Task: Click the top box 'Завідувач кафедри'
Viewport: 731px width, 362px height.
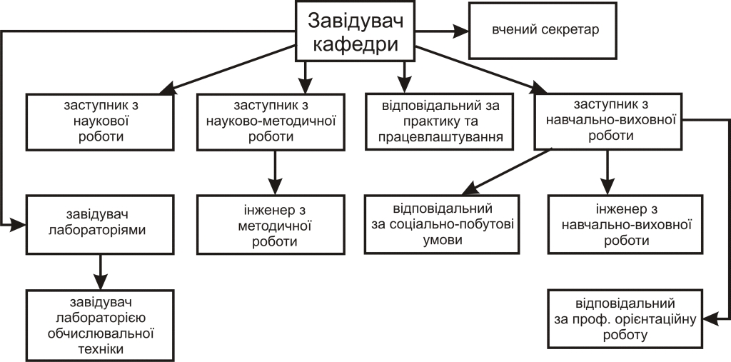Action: coord(356,31)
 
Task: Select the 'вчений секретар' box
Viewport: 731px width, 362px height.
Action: coord(543,31)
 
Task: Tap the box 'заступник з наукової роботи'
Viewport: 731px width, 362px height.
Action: coord(100,122)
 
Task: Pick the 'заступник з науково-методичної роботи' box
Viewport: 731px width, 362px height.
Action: coord(271,122)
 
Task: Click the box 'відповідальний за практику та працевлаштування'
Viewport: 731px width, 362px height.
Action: coord(440,121)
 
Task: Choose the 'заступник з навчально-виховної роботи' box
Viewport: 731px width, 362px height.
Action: coord(608,121)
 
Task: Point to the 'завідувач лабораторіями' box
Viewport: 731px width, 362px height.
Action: coord(100,224)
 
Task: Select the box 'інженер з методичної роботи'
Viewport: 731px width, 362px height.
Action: coord(271,224)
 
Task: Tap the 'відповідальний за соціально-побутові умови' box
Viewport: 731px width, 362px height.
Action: coord(441,224)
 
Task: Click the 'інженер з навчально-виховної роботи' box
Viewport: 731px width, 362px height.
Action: coord(625,224)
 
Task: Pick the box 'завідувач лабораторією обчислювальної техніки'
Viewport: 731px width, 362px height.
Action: coord(100,325)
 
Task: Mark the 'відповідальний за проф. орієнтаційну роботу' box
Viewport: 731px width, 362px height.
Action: coord(625,318)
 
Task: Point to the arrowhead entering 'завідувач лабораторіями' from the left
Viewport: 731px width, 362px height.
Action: coord(19,224)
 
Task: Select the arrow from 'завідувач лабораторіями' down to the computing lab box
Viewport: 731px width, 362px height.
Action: coord(100,272)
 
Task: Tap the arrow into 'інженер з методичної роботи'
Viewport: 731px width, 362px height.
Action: coord(275,173)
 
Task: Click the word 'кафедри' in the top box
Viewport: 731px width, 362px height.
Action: coord(356,45)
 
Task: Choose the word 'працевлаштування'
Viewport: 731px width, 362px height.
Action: coord(440,137)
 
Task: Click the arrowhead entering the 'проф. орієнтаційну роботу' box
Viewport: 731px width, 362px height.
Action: coord(710,318)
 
